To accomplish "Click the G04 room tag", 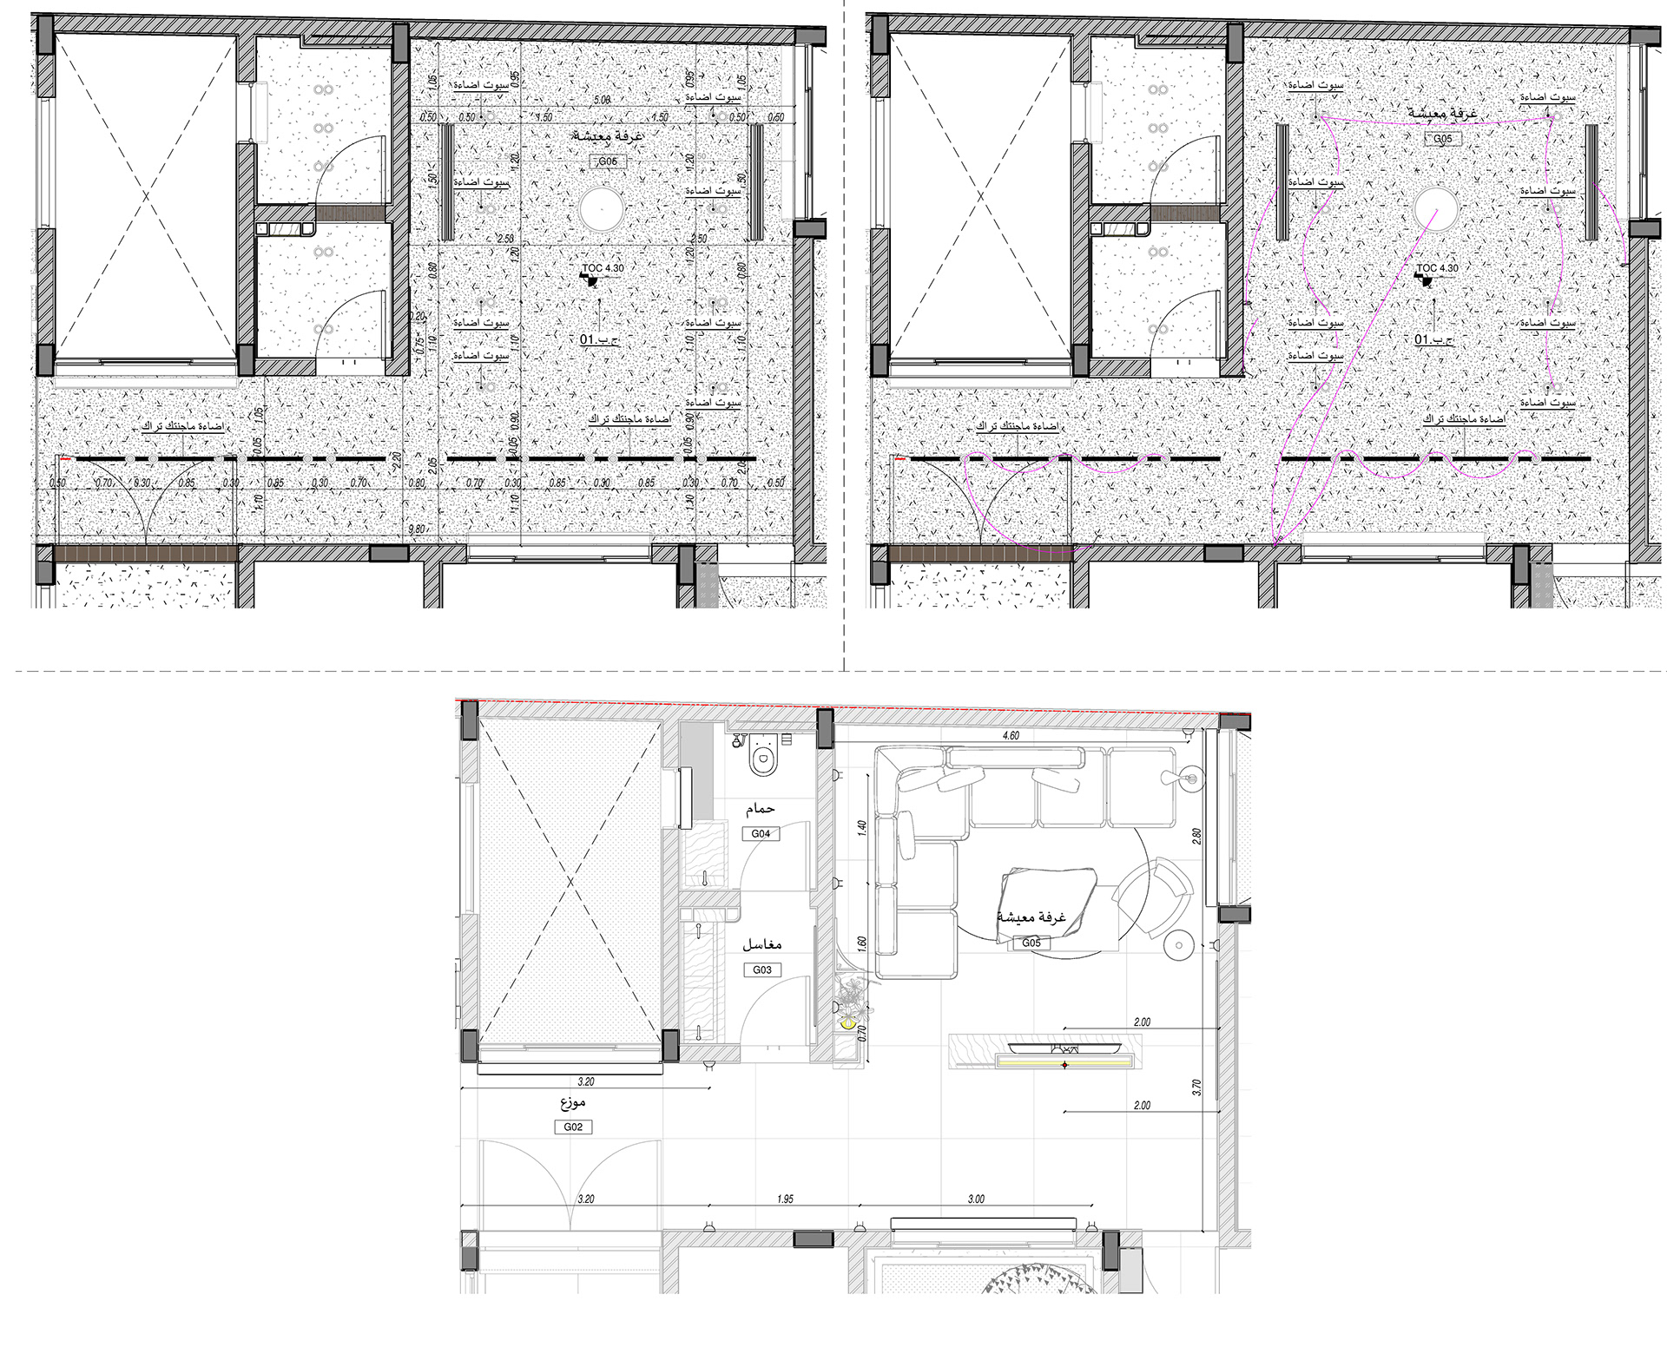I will coord(761,833).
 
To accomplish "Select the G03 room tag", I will coord(761,969).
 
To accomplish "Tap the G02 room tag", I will coord(573,1127).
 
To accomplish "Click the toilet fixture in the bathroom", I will coord(763,757).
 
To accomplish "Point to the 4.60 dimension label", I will coord(1011,735).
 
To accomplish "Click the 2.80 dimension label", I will coord(1197,836).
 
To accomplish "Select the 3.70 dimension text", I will coord(1197,1087).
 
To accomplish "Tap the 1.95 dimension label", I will coord(785,1199).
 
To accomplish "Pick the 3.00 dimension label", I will coord(976,1199).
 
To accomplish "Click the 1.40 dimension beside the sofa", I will coord(862,827).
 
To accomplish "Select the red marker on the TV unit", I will coord(1065,1065).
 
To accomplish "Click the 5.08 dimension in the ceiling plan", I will coord(601,100).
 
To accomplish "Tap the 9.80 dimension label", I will coord(417,529).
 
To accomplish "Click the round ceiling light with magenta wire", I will coord(1436,210).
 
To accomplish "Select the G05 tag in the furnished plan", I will coord(1031,943).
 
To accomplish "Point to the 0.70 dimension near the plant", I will coord(862,1033).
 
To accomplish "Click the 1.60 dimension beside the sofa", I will coord(862,943).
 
